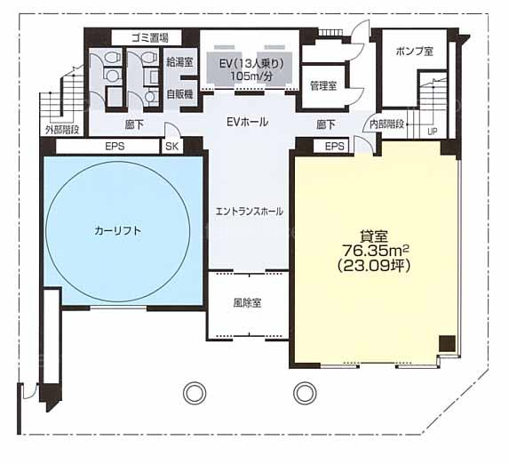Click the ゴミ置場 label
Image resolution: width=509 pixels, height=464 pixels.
(149, 38)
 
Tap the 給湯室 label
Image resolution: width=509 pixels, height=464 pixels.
(179, 62)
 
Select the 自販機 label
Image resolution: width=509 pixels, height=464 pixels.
(179, 94)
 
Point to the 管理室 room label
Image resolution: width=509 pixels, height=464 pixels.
(323, 86)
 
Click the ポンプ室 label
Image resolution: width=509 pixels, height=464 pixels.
(415, 51)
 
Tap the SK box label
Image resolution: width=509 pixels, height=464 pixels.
(171, 146)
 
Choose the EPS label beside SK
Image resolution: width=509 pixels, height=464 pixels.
(115, 146)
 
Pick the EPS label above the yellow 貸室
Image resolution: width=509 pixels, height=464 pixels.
(334, 146)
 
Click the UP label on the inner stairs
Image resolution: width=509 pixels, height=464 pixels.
(433, 132)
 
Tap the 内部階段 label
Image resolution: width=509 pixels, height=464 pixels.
(387, 124)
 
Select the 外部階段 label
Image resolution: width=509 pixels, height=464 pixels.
(62, 130)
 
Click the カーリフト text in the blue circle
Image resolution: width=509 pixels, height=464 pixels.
(118, 231)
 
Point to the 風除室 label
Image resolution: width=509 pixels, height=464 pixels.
(247, 303)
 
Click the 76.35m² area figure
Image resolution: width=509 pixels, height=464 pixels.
(375, 251)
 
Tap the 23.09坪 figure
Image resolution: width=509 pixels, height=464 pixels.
(374, 266)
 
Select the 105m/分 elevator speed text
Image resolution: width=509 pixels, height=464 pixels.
(251, 76)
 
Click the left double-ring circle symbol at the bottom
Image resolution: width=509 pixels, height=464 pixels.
(195, 393)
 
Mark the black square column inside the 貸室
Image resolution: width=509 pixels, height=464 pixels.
(448, 343)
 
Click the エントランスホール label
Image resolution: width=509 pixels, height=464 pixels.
(250, 212)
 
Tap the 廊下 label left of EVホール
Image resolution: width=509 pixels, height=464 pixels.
(134, 124)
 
